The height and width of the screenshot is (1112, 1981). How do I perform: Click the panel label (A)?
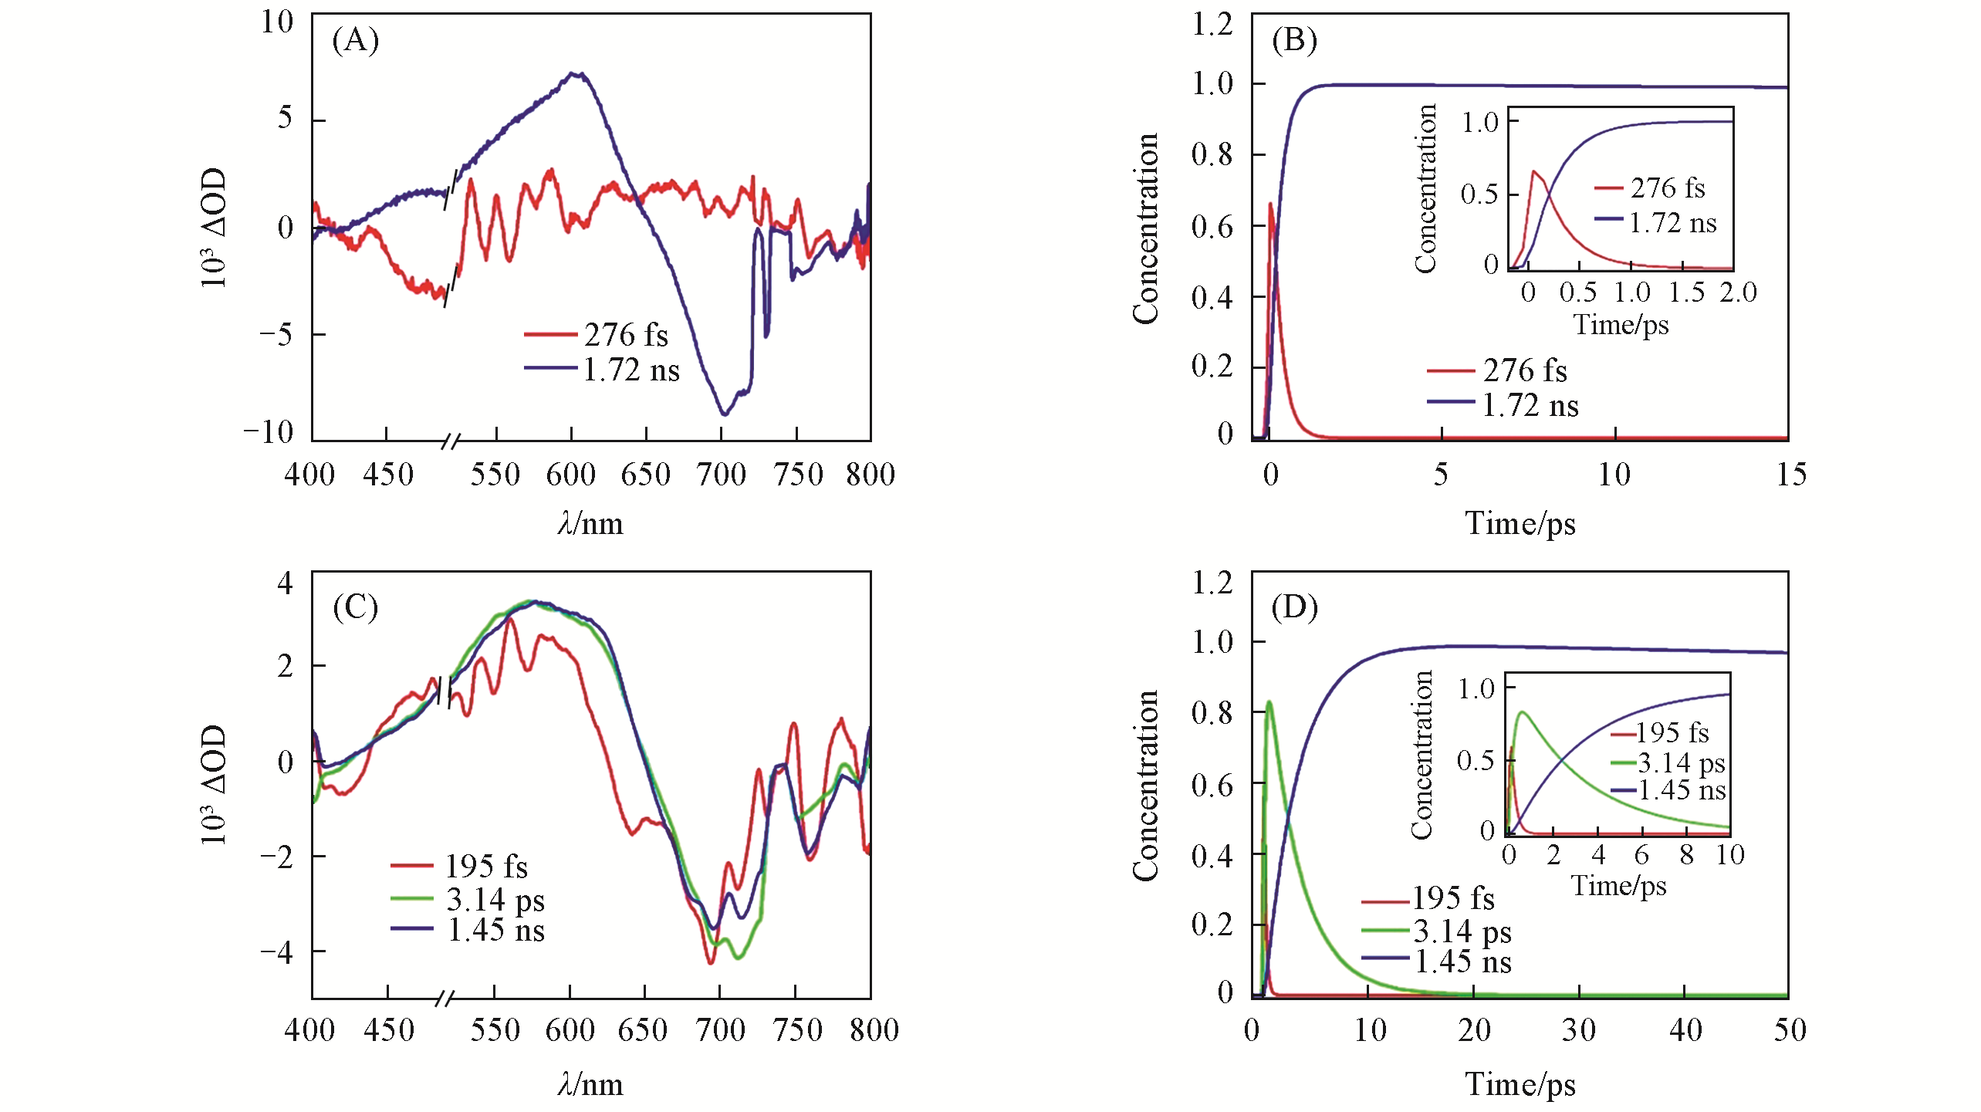point(356,40)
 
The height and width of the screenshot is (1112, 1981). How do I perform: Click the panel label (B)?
point(1294,40)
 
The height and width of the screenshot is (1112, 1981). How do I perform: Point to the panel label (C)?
point(356,607)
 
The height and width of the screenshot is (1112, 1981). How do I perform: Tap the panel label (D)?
point(1294,607)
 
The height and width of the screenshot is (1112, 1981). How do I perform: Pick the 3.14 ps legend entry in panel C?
point(495,900)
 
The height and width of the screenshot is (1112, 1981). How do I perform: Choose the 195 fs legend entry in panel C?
point(485,867)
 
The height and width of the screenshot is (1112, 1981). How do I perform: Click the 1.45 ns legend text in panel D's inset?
point(1681,790)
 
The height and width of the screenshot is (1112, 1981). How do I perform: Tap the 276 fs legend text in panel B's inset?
point(1667,188)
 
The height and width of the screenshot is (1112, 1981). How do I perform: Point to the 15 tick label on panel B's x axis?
point(1790,475)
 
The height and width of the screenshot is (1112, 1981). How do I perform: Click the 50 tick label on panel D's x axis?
point(1790,1030)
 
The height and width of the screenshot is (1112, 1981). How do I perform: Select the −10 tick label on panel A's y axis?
point(268,432)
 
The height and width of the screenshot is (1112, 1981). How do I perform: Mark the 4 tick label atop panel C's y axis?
point(286,583)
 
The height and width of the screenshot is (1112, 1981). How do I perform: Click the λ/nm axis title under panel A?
point(590,524)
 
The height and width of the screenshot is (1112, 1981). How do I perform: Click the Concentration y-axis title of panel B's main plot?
point(1146,228)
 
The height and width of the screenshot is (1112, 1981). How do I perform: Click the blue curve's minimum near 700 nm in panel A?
point(724,414)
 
